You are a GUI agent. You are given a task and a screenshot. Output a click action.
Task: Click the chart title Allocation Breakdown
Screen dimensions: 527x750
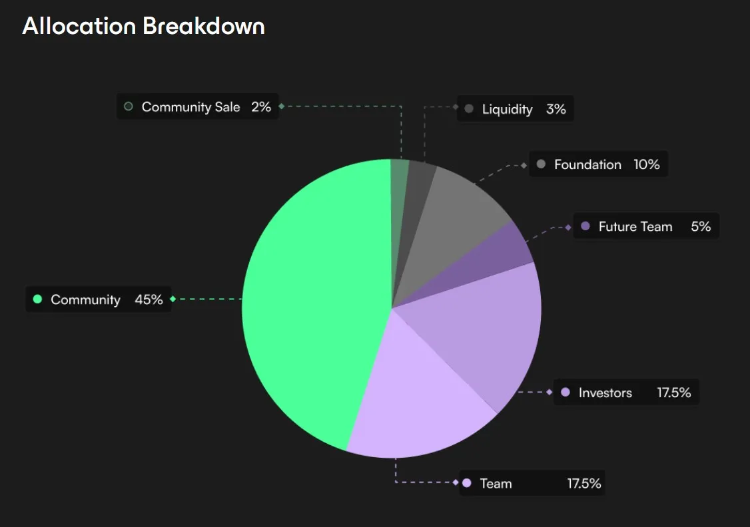[x=143, y=26]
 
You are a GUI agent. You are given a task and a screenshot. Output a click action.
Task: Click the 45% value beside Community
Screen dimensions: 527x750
[x=149, y=299]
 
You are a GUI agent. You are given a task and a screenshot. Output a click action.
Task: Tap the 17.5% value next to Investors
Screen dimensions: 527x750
[x=673, y=393]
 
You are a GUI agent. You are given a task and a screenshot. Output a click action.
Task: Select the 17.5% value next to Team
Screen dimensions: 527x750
[x=583, y=483]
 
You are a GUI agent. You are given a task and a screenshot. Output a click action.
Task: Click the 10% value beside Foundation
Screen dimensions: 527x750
[x=646, y=164]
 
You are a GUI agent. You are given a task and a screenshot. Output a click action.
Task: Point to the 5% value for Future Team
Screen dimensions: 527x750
[x=700, y=226]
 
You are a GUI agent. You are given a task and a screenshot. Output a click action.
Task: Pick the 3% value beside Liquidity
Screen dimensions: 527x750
[x=556, y=109]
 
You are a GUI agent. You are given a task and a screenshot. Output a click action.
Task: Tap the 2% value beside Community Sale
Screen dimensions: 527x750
[x=261, y=106]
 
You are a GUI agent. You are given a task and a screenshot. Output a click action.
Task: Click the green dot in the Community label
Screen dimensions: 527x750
[x=37, y=299]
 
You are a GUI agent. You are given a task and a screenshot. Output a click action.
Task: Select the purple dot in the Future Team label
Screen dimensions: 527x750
[x=585, y=226]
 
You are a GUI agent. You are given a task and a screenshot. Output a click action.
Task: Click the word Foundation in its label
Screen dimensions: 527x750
[x=587, y=164]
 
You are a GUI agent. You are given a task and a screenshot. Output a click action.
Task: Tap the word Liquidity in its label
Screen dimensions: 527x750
[x=507, y=109]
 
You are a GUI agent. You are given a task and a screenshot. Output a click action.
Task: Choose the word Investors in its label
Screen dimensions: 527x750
[x=605, y=393]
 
